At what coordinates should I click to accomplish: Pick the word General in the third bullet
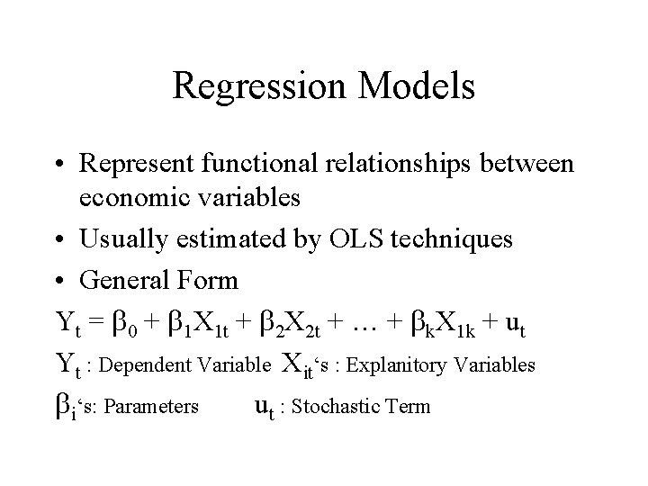(120, 280)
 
